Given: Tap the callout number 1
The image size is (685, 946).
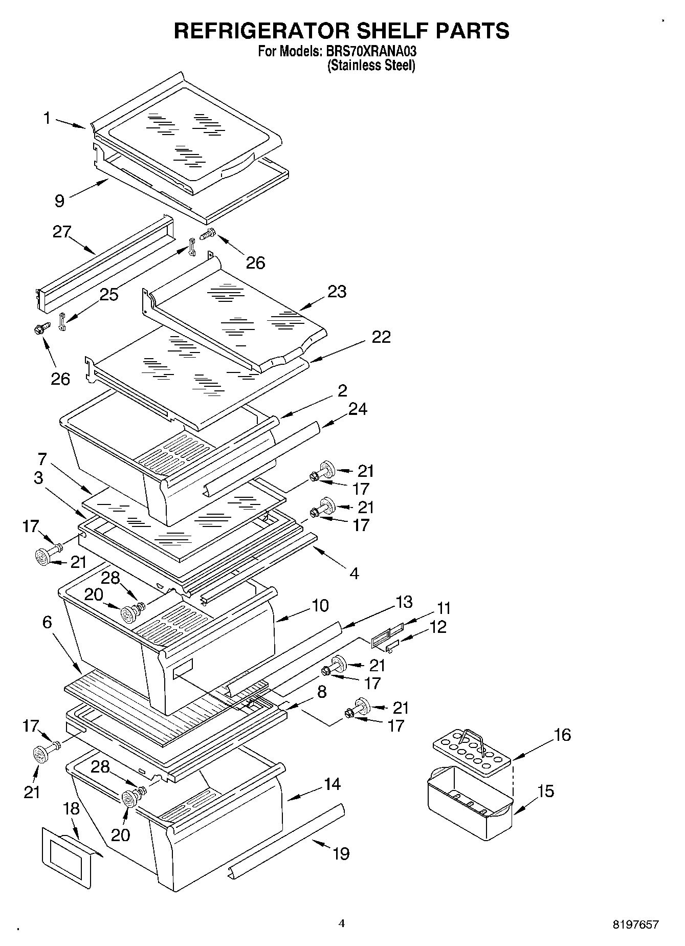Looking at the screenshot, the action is coord(47,119).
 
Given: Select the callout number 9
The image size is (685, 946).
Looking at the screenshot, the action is coord(60,201).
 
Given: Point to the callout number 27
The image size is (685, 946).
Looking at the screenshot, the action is coord(62,232).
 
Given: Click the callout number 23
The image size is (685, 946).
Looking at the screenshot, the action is coord(337,292).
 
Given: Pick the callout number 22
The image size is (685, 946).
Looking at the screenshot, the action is coord(381,337).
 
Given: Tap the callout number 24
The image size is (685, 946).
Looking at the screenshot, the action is coord(358,409).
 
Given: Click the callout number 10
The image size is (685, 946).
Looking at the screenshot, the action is coord(320,605).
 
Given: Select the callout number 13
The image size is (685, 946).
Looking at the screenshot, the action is coord(404,602).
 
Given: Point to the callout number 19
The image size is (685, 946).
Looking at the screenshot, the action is coord(341,853).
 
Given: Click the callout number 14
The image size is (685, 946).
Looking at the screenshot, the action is coord(332,784).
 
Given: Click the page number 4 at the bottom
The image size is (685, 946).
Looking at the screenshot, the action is coord(342,923).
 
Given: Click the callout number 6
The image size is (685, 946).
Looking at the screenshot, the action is coord(47,622).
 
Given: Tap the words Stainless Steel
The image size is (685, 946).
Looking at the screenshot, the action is coord(371,65).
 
